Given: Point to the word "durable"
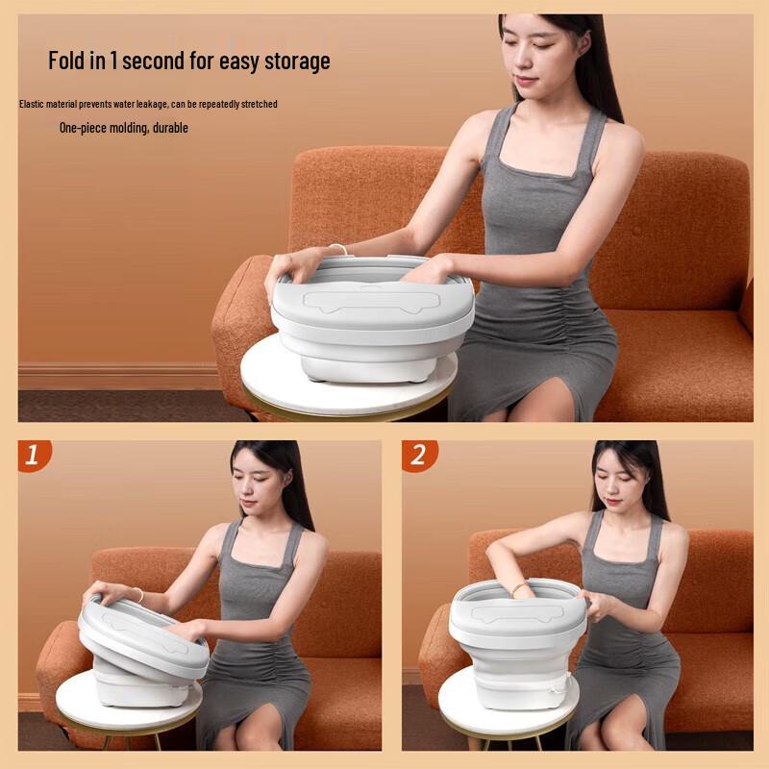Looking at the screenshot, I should coord(170,128).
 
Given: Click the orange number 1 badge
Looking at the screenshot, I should coord(35,456).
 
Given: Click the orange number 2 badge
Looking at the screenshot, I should coord(418,456).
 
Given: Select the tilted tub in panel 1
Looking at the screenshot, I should coord(144,639).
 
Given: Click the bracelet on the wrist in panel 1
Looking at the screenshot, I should coord(137,594).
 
